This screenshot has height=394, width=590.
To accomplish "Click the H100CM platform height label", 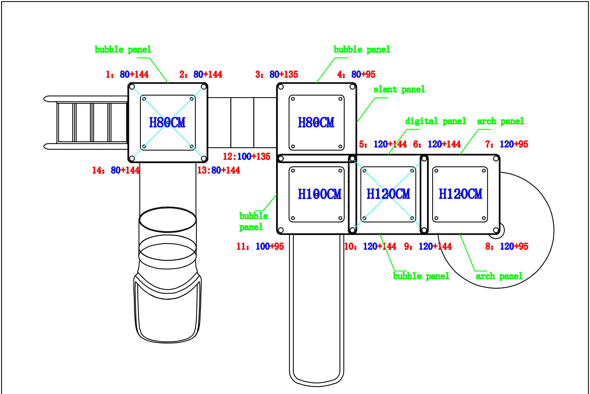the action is pyautogui.click(x=319, y=194).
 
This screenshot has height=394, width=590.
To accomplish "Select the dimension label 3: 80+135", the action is pyautogui.click(x=277, y=74).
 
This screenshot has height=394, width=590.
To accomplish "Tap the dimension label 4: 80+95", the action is pyautogui.click(x=356, y=74).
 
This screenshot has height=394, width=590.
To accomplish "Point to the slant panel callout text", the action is pyautogui.click(x=399, y=89).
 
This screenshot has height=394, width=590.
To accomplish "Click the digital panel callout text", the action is pyautogui.click(x=436, y=121).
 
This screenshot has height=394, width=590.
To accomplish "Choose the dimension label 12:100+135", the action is pyautogui.click(x=247, y=157).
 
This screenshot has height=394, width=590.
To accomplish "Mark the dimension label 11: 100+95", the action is pyautogui.click(x=260, y=246).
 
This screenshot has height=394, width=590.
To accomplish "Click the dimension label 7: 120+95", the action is pyautogui.click(x=507, y=144).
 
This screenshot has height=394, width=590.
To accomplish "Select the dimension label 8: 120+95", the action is pyautogui.click(x=507, y=246).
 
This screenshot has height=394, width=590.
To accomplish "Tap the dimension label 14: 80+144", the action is pyautogui.click(x=116, y=170).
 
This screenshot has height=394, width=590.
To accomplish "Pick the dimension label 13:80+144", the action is pyautogui.click(x=219, y=170).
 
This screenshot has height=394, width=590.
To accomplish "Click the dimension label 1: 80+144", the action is pyautogui.click(x=127, y=74).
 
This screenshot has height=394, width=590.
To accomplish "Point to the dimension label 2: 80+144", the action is pyautogui.click(x=201, y=74).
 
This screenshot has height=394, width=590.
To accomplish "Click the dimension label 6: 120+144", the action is pyautogui.click(x=437, y=144).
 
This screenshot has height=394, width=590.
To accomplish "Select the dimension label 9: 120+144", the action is pyautogui.click(x=428, y=246).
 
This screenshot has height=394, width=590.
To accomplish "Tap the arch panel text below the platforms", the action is pyautogui.click(x=499, y=276).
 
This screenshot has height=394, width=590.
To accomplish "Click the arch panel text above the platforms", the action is pyautogui.click(x=501, y=121).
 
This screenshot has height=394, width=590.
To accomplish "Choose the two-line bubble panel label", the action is pyautogui.click(x=253, y=221).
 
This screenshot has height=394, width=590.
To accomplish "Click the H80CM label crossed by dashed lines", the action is pyautogui.click(x=167, y=122).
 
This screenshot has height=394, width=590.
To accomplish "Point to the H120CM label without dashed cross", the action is pyautogui.click(x=460, y=194).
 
